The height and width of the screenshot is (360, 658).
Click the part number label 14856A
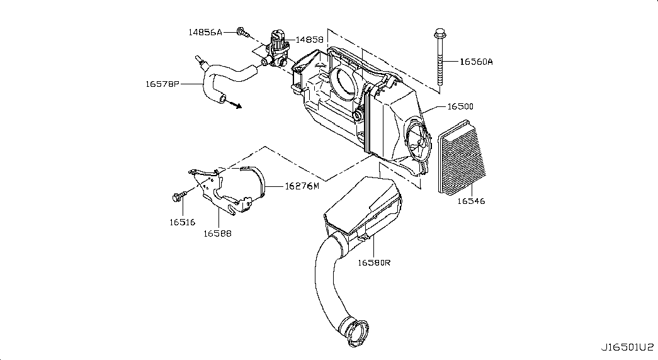205,32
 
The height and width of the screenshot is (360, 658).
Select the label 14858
309,40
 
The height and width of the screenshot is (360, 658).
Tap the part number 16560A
476,62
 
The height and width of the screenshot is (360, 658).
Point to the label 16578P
162,84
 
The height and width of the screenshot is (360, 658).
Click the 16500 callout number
460,106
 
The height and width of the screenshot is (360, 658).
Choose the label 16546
471,201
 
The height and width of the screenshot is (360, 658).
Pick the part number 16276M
302,186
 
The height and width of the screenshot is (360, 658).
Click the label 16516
183,222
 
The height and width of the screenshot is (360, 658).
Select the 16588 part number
217,233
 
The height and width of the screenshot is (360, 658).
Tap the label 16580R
374,262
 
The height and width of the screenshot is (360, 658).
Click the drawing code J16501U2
628,347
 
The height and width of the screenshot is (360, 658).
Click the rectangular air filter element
462,158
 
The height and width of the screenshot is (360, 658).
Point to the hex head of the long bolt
440,33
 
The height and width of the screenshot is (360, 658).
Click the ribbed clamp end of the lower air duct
356,333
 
